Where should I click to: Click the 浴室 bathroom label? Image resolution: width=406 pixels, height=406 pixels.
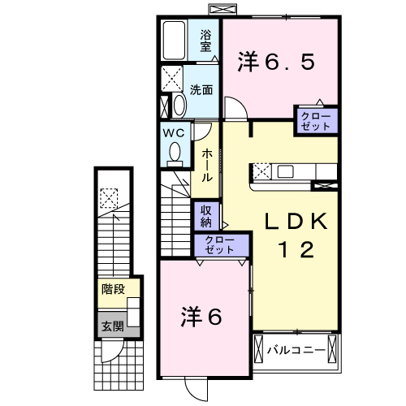(x=206, y=40)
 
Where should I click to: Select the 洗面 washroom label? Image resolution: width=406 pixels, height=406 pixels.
(x=201, y=90)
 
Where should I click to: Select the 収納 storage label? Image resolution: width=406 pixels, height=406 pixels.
(x=206, y=216)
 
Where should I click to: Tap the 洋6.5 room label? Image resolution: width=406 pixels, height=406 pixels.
(x=274, y=62)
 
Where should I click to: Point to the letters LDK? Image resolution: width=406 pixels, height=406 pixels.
(x=296, y=222)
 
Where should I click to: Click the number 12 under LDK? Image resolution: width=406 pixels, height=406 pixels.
(x=296, y=251)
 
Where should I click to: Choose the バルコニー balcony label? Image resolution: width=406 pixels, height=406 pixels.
(x=296, y=351)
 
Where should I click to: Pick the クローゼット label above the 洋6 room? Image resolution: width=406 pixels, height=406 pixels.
(x=219, y=245)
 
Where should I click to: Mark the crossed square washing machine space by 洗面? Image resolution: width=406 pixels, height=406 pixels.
(x=172, y=80)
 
